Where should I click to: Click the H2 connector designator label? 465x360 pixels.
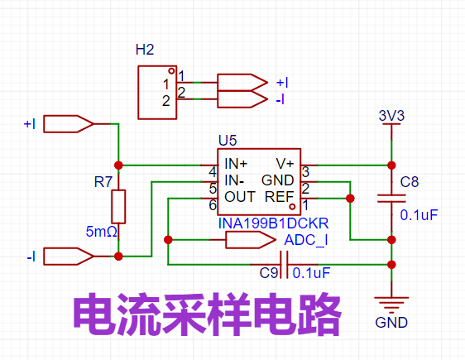[x=145, y=50]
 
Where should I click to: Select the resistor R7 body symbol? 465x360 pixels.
[x=118, y=206]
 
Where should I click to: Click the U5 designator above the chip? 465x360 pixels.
[x=228, y=141]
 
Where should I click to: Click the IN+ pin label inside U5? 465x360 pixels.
[x=236, y=164]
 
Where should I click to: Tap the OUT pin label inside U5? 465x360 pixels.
[x=240, y=197]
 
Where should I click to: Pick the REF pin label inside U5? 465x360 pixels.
[x=280, y=197]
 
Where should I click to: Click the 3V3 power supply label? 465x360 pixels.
[x=391, y=116]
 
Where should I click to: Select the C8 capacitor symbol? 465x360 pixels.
[x=391, y=199]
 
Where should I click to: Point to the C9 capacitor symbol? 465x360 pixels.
[x=283, y=265]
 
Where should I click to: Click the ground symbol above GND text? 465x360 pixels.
[x=391, y=302]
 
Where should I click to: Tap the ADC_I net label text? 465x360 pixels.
[x=307, y=241]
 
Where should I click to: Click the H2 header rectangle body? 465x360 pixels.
[x=157, y=93]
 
